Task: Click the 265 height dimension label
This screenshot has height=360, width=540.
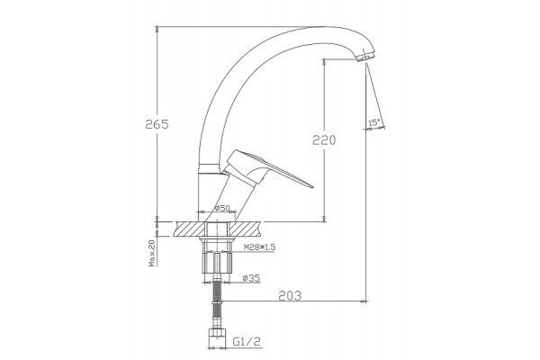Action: point(157,124)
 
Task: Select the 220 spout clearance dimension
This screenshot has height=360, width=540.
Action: point(324,140)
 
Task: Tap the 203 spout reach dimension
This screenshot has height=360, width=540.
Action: point(290,295)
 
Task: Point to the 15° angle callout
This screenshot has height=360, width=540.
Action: point(374,122)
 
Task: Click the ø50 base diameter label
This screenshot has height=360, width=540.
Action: point(222,208)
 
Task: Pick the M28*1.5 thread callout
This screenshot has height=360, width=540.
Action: point(260,247)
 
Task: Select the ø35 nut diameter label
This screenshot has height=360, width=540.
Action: point(251,278)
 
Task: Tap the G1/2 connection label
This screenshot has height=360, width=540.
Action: point(247,341)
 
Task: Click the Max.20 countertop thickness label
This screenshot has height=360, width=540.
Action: point(152,253)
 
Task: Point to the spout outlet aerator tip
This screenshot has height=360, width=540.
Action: point(365,58)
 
